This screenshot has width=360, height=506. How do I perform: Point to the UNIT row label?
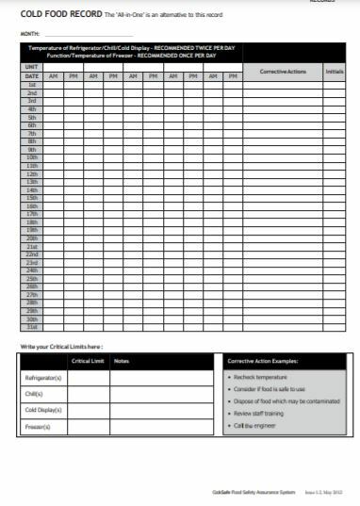pyautogui.click(x=31, y=68)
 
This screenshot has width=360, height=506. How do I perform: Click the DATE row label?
pyautogui.click(x=31, y=76)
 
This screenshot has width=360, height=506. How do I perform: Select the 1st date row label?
pyautogui.click(x=31, y=85)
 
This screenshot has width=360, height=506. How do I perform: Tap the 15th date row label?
pyautogui.click(x=31, y=198)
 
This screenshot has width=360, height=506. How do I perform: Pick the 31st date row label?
pyautogui.click(x=31, y=327)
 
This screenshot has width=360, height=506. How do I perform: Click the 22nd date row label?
pyautogui.click(x=31, y=254)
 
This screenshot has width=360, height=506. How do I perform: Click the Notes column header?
pyautogui.click(x=122, y=361)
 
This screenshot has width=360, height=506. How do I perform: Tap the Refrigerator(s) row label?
pyautogui.click(x=42, y=377)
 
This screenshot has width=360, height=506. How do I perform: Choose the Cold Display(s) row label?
pyautogui.click(x=42, y=411)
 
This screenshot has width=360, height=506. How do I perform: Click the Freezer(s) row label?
pyautogui.click(x=37, y=428)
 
